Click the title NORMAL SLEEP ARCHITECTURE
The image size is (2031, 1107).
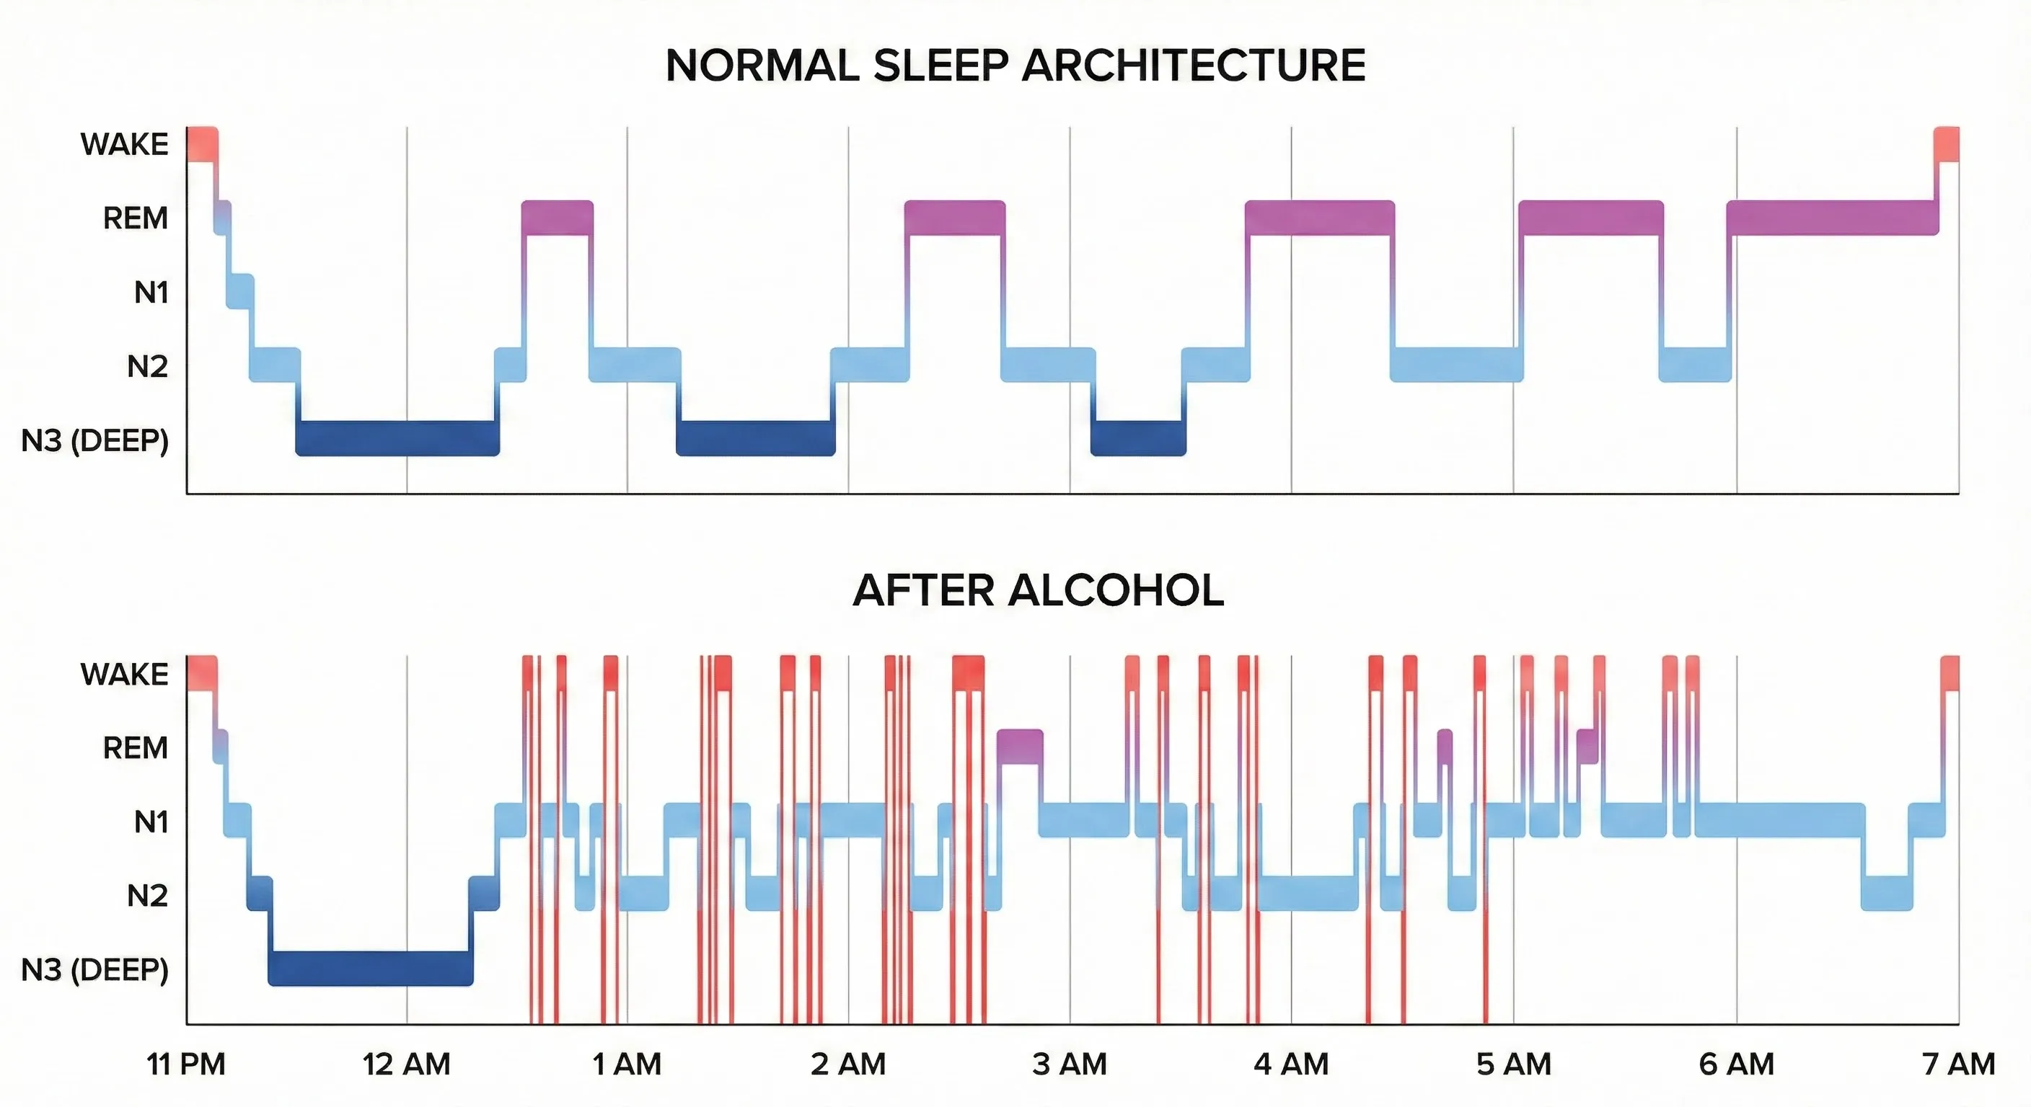point(1015,66)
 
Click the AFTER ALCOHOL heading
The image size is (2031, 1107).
point(1038,590)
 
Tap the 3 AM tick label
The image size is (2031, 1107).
point(1069,1064)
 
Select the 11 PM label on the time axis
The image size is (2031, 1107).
point(186,1064)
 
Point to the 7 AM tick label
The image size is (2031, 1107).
point(1958,1064)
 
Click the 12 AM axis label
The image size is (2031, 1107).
point(406,1064)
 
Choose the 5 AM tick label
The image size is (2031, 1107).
point(1513,1064)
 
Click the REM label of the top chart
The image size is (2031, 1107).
point(135,218)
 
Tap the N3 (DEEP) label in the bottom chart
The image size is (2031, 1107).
point(94,970)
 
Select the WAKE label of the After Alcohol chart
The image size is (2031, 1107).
point(124,675)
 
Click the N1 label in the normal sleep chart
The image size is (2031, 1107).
point(151,293)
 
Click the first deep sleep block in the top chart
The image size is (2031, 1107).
point(397,438)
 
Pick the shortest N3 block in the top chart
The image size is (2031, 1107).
point(1137,438)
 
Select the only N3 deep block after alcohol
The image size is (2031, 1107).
point(371,969)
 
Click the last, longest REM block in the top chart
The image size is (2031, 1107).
point(1831,218)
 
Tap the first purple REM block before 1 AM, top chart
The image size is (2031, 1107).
point(557,218)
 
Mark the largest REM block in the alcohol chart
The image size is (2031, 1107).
point(1019,746)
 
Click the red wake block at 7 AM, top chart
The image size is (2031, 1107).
point(1947,144)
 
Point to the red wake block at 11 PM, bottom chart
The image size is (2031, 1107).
point(202,674)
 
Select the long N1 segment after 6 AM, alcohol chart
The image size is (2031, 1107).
point(1779,820)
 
